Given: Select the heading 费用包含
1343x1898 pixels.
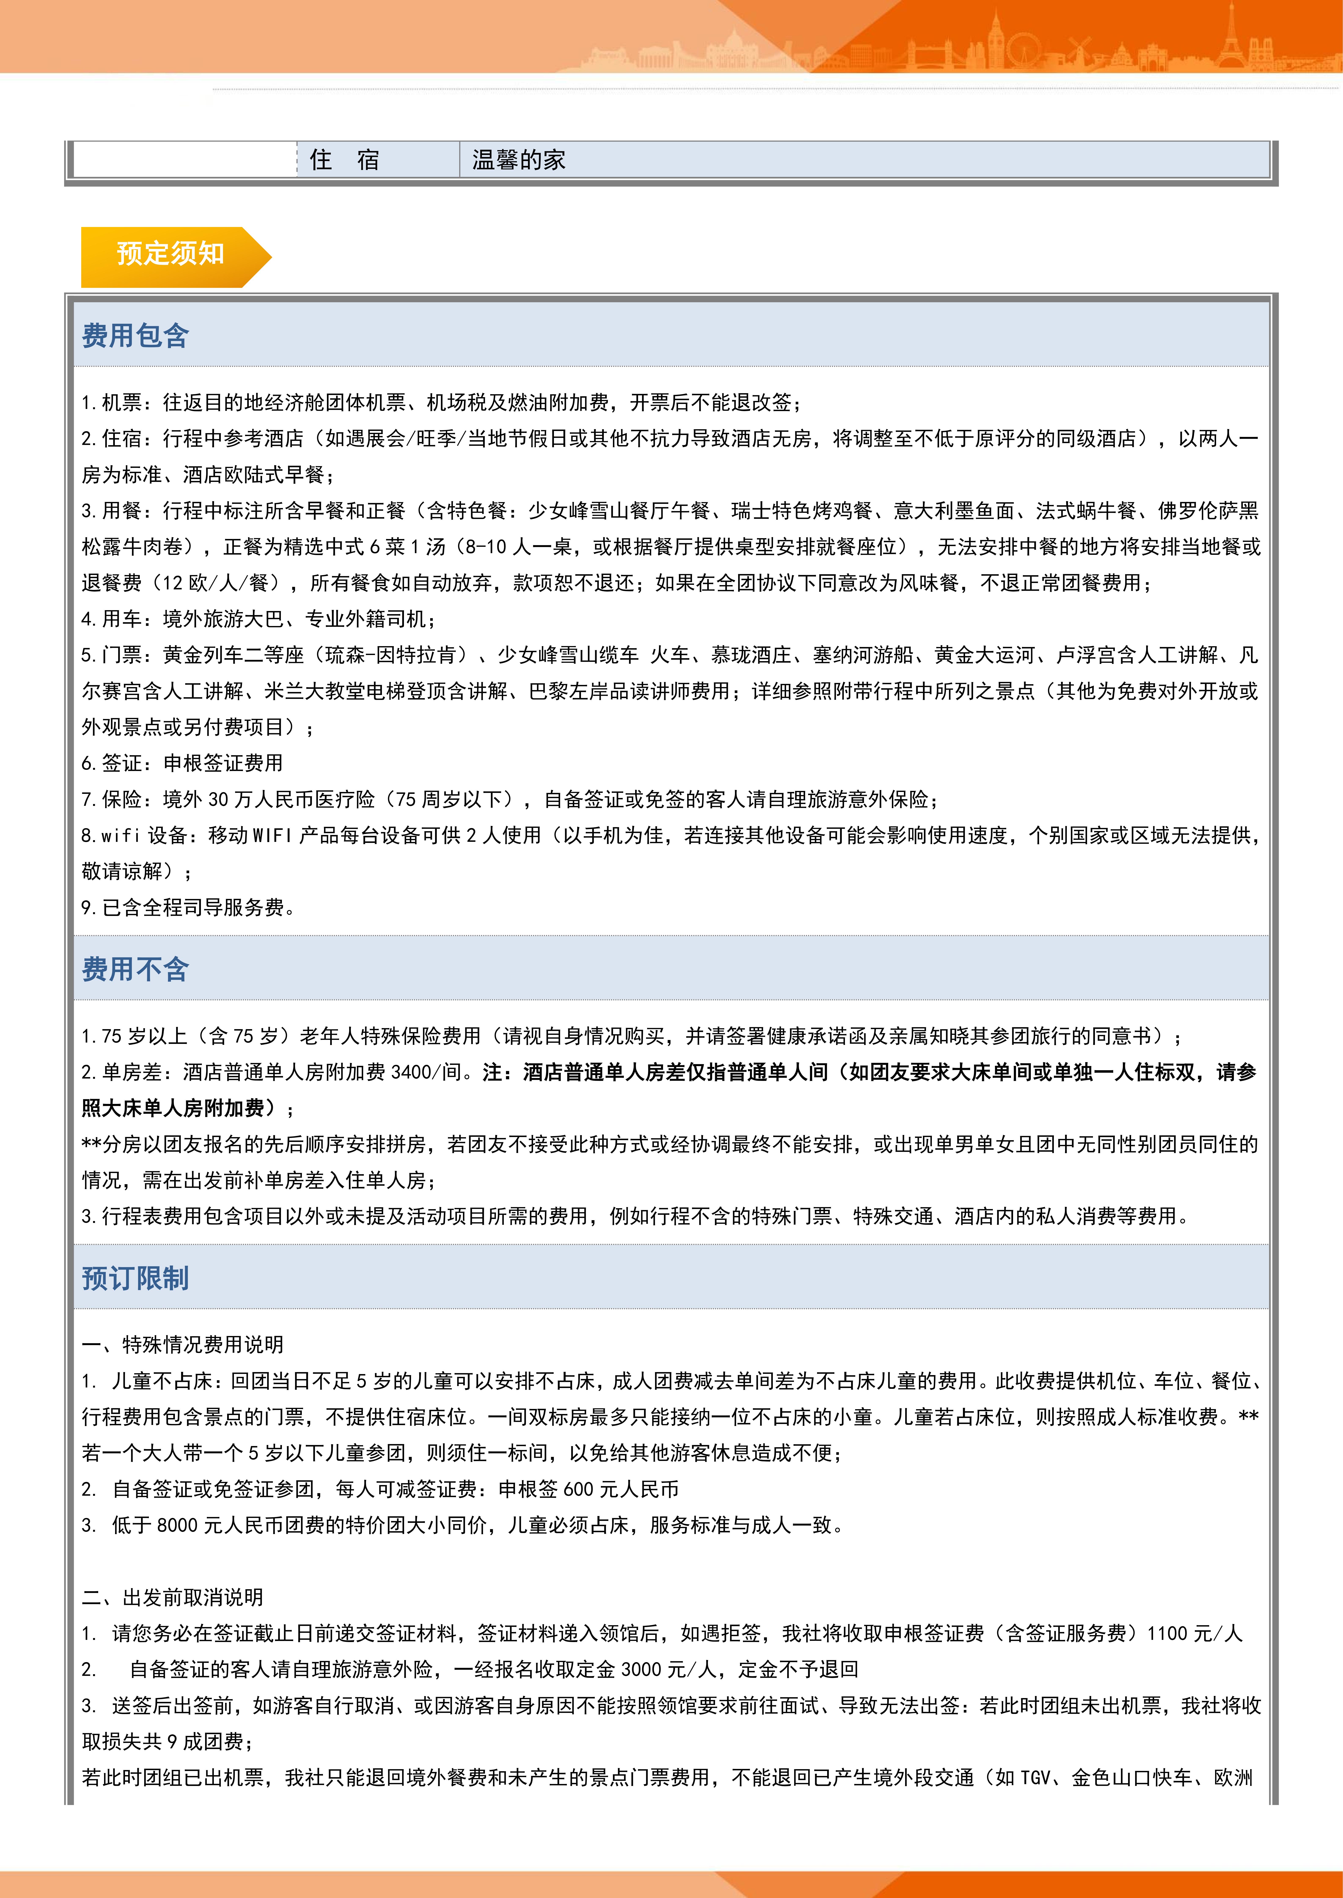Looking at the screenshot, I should pyautogui.click(x=136, y=336).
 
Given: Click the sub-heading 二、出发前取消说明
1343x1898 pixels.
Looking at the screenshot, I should pyautogui.click(x=173, y=1597).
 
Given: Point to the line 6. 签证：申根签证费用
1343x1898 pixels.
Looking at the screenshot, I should pyautogui.click(x=182, y=763).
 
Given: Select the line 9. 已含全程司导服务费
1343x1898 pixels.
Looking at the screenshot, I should pyautogui.click(x=189, y=908).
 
